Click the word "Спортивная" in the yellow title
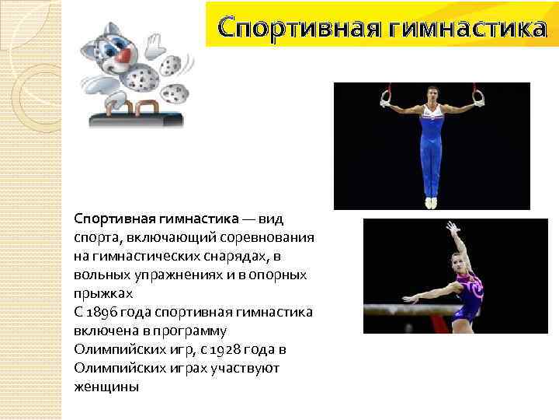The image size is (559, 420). [x=298, y=29]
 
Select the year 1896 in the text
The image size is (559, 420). [x=104, y=311]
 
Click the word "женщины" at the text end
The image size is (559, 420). [x=106, y=386]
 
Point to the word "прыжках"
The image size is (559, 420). [x=104, y=293]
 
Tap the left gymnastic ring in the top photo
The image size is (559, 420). [x=386, y=99]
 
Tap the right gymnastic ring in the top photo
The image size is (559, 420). [x=480, y=98]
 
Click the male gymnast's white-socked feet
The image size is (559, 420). [x=432, y=202]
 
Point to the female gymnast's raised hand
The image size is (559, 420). [x=451, y=226]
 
